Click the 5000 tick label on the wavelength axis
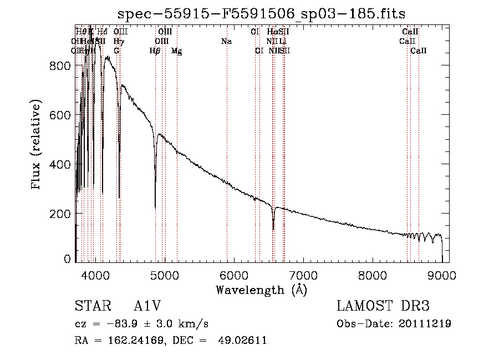[x=164, y=276]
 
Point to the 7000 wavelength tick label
[x=303, y=276]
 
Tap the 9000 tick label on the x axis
[x=441, y=276]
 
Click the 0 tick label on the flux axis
[x=68, y=259]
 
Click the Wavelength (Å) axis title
[x=261, y=289]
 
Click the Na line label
[x=226, y=42]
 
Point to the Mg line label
[x=176, y=51]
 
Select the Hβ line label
[x=155, y=51]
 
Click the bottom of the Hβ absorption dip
[x=155, y=207]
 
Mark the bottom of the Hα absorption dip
[x=273, y=229]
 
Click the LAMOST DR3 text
[x=383, y=307]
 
